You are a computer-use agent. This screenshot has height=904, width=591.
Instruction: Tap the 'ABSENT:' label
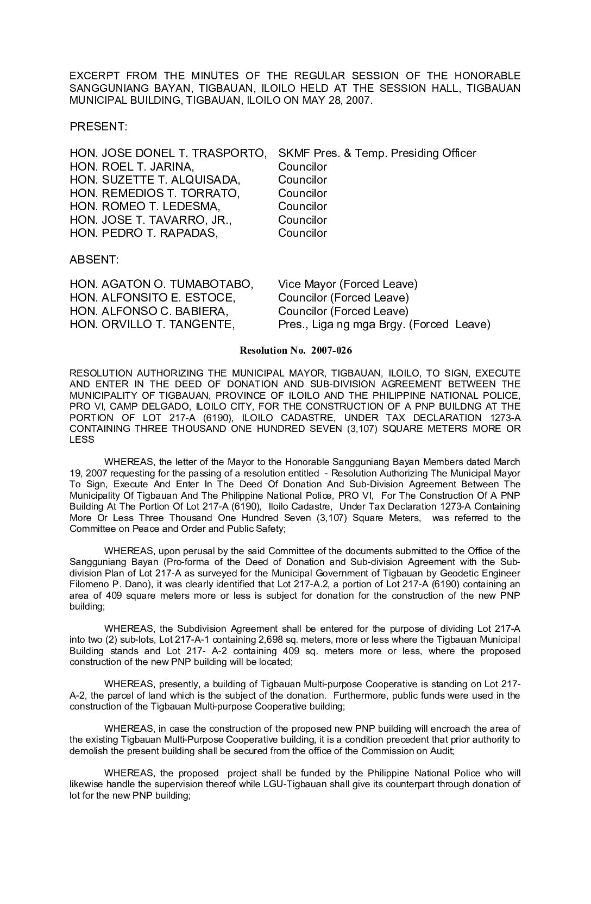pos(94,260)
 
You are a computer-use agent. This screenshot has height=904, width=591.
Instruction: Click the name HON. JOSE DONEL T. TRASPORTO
pos(168,153)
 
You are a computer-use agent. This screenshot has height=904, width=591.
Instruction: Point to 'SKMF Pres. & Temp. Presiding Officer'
pos(377,153)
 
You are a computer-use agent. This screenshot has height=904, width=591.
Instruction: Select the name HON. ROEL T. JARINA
pos(132,167)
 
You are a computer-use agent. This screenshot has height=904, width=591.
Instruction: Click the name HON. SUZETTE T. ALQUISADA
pos(155,180)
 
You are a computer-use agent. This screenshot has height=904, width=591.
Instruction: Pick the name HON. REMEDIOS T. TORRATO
pos(154,193)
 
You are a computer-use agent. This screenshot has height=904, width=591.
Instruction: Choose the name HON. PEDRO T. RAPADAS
pos(144,233)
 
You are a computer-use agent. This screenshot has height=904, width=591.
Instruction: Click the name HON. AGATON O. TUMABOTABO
pos(161,284)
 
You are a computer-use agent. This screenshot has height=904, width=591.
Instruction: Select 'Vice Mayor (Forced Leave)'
pos(348,284)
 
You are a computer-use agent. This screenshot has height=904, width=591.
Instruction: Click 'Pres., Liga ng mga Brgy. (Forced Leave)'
pos(384,324)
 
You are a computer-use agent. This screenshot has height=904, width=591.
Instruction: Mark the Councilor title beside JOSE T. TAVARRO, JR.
pos(303,220)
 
